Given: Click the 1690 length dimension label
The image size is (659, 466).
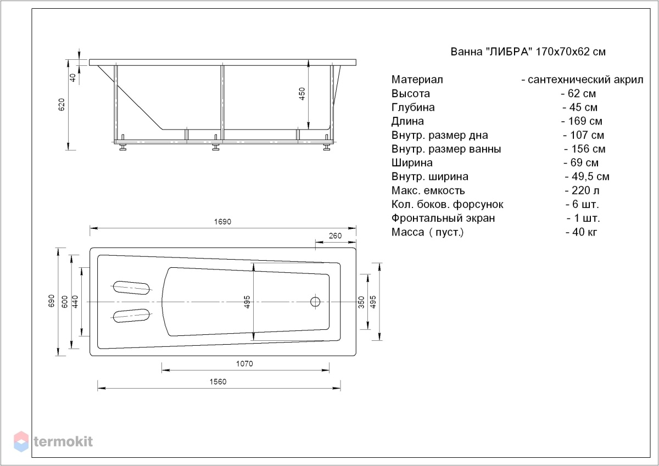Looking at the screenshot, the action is tap(222, 222).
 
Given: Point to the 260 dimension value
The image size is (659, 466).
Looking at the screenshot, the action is tap(335, 236).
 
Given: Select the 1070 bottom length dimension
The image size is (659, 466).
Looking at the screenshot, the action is tap(244, 364).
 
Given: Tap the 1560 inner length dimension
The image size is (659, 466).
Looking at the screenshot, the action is tap(218, 382).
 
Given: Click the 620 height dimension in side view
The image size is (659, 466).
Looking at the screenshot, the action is tap(62, 105).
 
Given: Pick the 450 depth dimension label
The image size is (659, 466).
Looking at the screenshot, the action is tap(302, 94).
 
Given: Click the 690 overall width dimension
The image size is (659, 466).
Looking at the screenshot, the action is tap(51, 301).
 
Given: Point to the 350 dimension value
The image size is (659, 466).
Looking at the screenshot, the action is tap(361, 302).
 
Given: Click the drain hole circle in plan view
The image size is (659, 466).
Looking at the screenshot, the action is tap(315, 302).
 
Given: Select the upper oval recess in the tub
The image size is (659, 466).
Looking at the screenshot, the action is tap(131, 287).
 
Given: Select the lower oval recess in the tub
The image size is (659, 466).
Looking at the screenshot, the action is tap(131, 316).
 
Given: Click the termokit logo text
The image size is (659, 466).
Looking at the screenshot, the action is tap(63, 442).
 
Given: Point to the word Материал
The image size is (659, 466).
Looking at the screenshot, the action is tap(417, 80).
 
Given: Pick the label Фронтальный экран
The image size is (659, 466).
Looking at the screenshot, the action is tap(443, 218).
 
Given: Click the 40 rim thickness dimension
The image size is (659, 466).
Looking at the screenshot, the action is tap(72, 77).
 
